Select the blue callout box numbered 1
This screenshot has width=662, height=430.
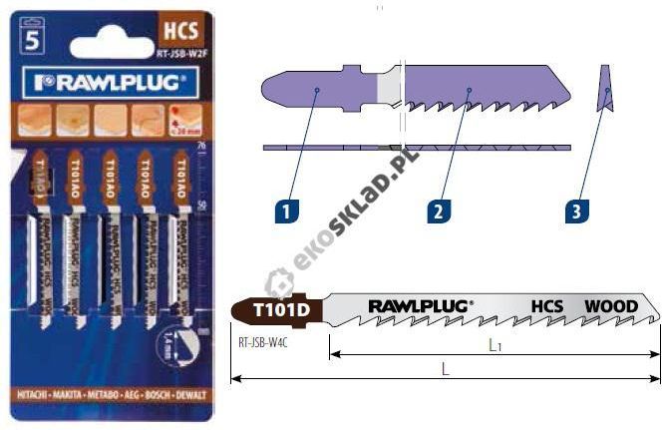284,211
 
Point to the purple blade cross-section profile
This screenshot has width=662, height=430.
606,89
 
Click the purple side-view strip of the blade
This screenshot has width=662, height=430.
419,147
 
